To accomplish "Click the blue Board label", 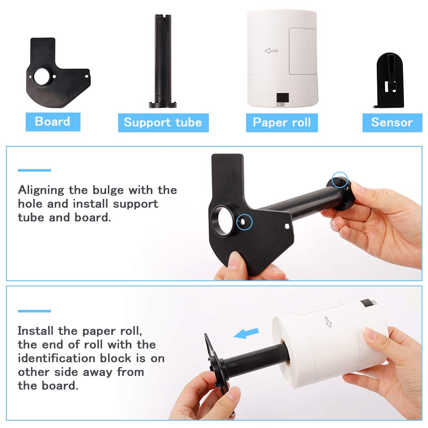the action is (53, 122).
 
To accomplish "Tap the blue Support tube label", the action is (163, 122).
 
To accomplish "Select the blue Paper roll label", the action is (282, 122).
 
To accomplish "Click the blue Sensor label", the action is (392, 122).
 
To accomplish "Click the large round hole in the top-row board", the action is (42, 77).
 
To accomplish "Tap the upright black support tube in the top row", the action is (163, 61).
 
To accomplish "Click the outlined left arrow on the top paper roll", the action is (271, 51).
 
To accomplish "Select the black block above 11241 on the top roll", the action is (282, 98).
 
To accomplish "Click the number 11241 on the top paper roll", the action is (280, 104).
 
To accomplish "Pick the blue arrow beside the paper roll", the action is (246, 333).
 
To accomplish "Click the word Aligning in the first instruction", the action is (41, 190).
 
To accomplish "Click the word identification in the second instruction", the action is (74, 358).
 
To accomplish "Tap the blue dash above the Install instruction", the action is (34, 311).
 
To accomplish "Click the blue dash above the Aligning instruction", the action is (34, 170).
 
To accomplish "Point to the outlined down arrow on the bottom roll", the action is (328, 322).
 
